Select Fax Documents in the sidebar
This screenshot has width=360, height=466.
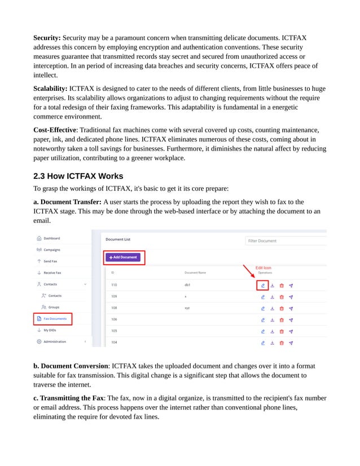[x=55, y=319]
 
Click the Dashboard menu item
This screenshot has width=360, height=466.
[x=51, y=238]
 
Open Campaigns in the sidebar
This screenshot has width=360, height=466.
[x=51, y=249]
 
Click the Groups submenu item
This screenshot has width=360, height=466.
[x=54, y=307]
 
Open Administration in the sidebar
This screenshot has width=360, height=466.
[x=55, y=341]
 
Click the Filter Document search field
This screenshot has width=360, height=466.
[x=285, y=241]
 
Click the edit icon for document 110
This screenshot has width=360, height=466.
[x=262, y=285]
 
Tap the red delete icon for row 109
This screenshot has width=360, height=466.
[x=282, y=296]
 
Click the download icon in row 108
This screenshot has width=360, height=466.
[x=272, y=308]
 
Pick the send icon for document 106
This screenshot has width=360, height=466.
[x=291, y=319]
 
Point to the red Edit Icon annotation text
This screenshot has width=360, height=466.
[x=263, y=267]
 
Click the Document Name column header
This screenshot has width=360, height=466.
[x=195, y=272]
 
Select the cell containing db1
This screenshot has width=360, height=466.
[x=187, y=285]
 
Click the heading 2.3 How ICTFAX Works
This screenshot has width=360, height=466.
[x=78, y=176]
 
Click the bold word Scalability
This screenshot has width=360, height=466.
[x=50, y=89]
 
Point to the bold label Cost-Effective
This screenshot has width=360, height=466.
[x=55, y=130]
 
